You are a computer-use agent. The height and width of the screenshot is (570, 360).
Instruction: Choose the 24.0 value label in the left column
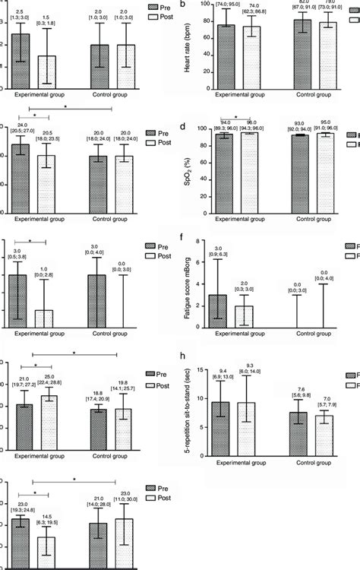pos(24,125)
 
